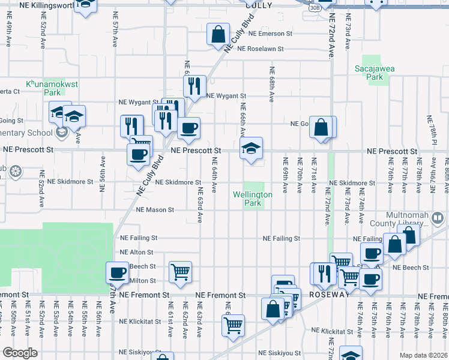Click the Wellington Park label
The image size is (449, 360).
pos(253,199)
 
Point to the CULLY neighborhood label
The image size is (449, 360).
pos(259,5)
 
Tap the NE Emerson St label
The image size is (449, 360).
pos(270,34)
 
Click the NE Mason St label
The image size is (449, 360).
pos(155,210)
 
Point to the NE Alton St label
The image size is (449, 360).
pos(137,253)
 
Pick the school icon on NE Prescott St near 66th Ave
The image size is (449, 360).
pos(252,149)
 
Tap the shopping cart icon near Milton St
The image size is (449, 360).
pos(180,272)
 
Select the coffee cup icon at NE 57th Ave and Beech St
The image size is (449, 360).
pos(117,274)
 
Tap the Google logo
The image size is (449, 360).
pos(20,353)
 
